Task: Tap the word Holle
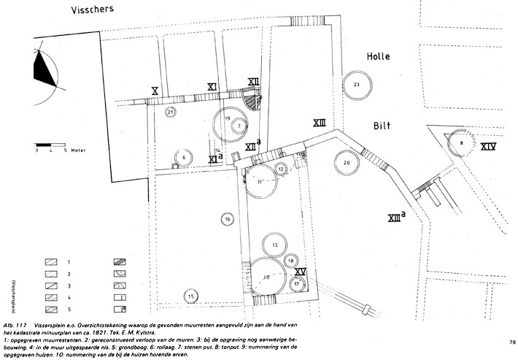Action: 379,56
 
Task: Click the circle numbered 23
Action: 356,85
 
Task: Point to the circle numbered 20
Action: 347,162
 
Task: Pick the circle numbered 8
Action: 461,143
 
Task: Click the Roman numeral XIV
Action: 488,147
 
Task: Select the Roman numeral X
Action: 155,91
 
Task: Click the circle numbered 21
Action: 170,112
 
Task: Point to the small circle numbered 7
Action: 238,126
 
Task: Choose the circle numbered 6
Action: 185,157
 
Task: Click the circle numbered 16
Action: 228,218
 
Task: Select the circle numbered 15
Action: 190,296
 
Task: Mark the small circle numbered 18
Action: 290,261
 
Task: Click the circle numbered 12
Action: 281,169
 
